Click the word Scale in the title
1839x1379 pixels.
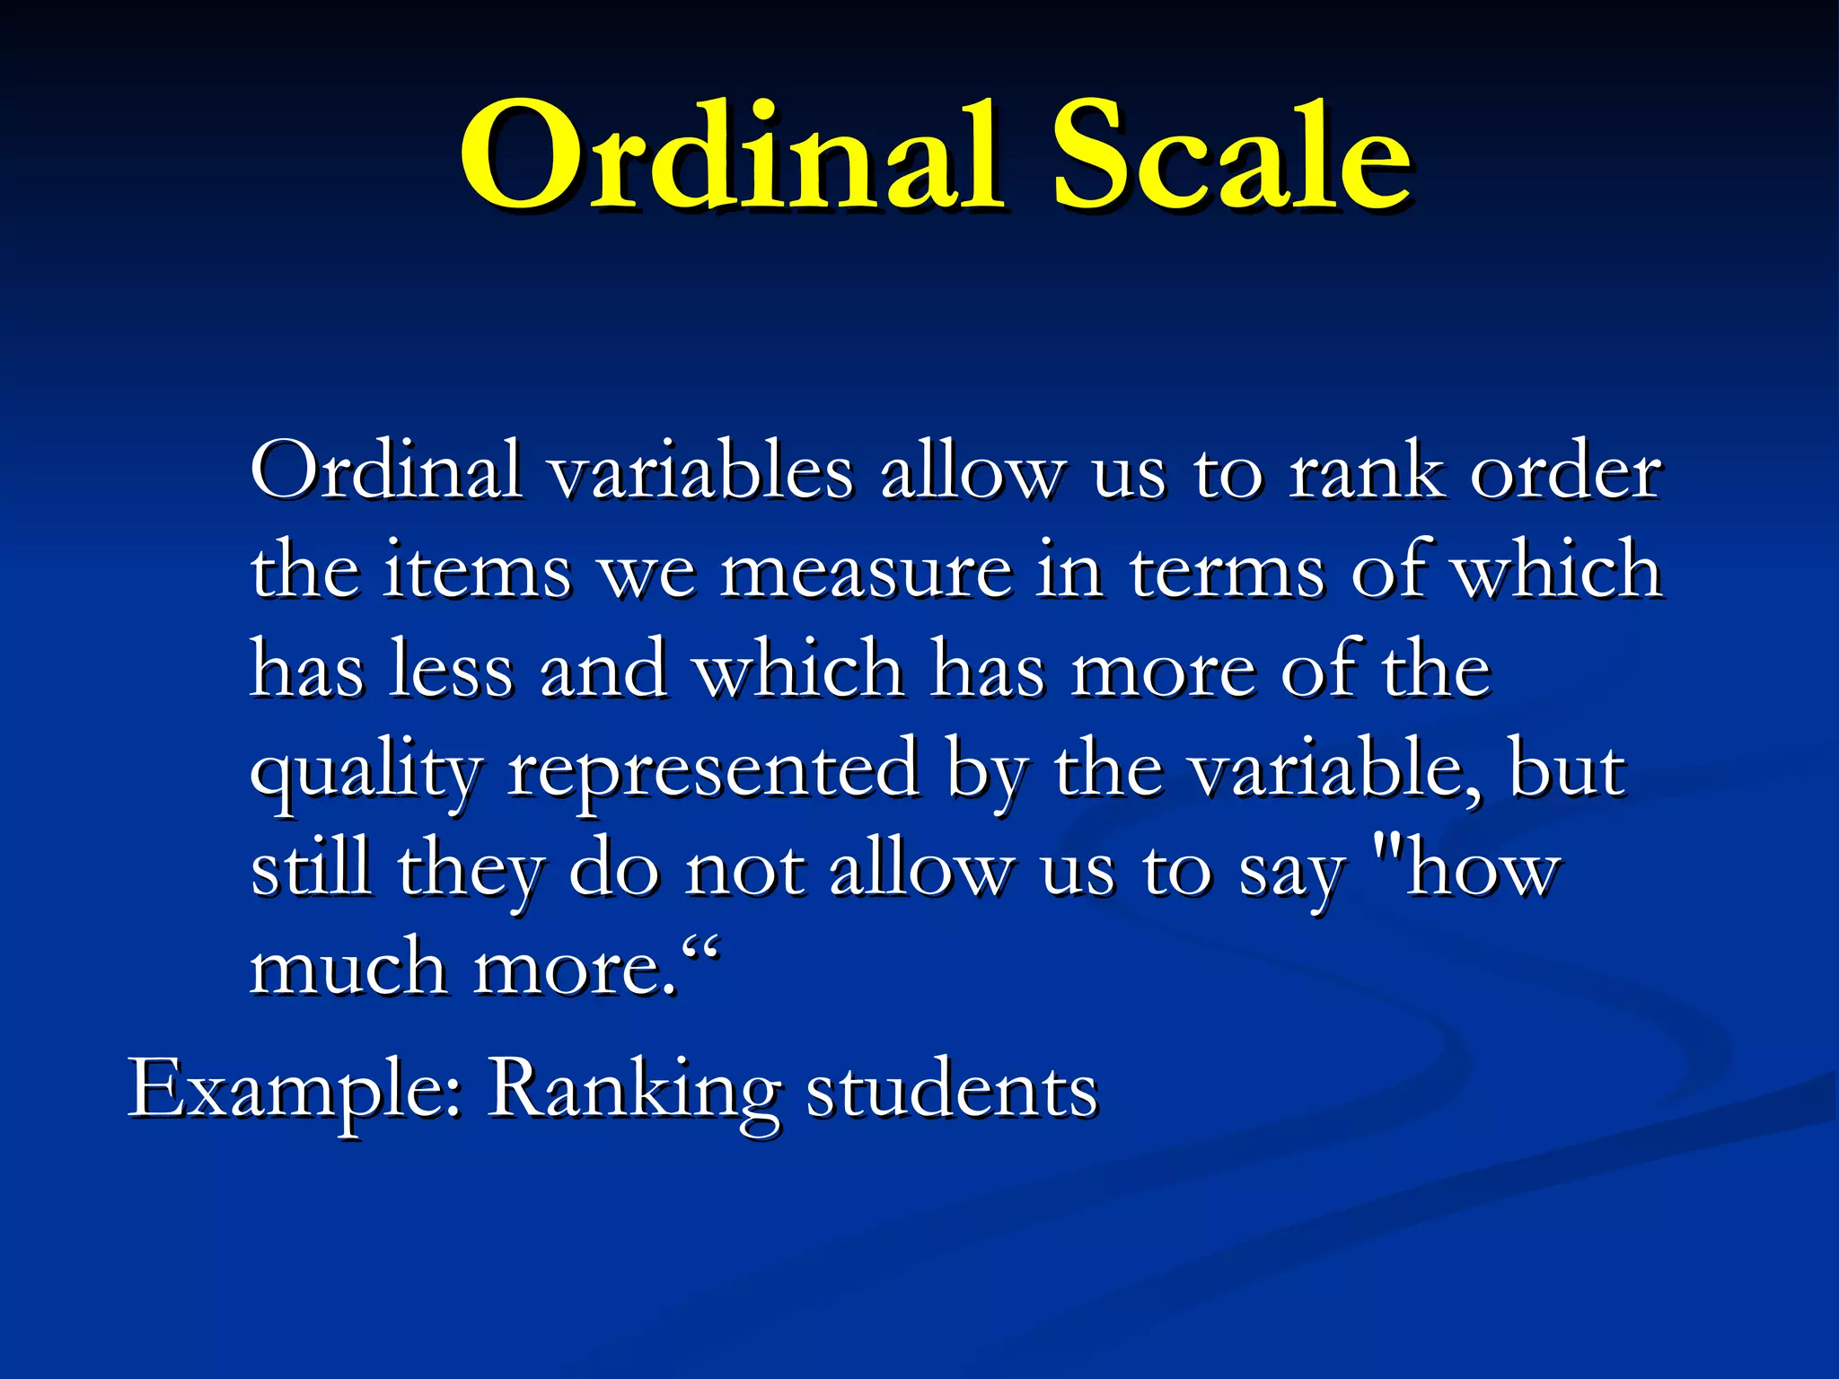coord(1230,157)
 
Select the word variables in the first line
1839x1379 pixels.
coord(700,471)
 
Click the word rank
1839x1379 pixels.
coord(1365,471)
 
